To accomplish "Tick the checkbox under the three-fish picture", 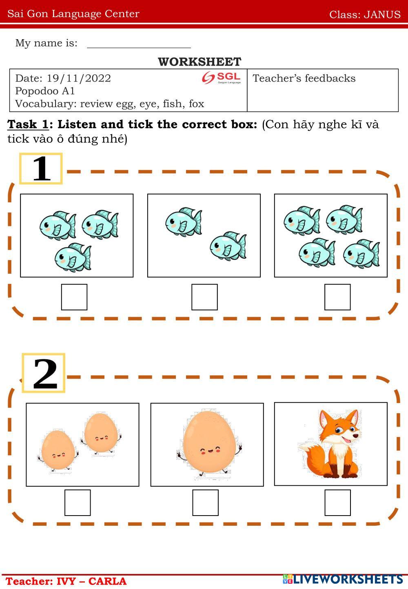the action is coord(74,297).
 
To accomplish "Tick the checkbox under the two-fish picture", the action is coord(204,297).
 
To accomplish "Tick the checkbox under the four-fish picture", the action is coord(337,297).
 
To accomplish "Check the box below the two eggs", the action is coord(78,503).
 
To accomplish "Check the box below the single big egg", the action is coord(206,503).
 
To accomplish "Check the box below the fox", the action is coord(337,503).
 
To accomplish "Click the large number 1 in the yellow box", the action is coord(41,168).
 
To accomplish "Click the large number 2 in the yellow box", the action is coord(45,374).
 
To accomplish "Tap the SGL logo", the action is coord(221,77).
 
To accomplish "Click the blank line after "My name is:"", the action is coord(139,48).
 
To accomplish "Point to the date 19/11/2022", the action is coord(79,78).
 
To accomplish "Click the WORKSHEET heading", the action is coord(200,62).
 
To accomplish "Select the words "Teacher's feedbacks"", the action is coord(304,78).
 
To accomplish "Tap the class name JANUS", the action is coord(382,14).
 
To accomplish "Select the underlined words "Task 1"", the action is coord(28,124).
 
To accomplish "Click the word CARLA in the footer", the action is coord(107,581).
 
